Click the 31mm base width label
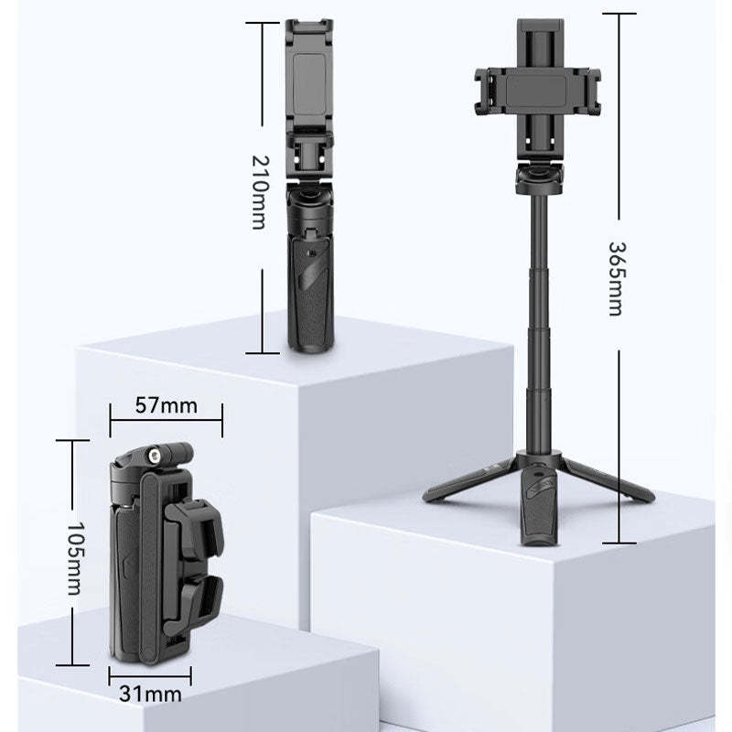pos(150,694)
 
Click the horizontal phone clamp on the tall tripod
pos(541,90)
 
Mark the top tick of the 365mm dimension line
pos(619,14)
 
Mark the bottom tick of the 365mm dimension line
pos(619,543)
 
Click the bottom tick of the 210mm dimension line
pos(263,353)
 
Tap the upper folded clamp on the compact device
pos(197,531)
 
